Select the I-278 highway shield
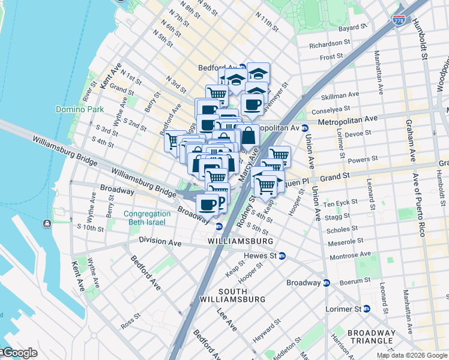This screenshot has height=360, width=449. [398, 20]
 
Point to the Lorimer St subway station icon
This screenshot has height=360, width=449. [366, 309]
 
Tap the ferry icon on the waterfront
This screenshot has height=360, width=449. [47, 224]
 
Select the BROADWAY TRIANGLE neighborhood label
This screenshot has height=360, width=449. [372, 337]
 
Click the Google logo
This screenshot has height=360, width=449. [19, 353]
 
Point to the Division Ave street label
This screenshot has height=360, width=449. [160, 242]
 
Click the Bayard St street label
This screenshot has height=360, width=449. [353, 28]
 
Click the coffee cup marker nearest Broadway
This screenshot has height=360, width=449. [208, 204]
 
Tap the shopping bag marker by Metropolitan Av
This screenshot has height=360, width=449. [248, 136]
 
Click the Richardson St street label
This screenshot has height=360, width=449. [330, 44]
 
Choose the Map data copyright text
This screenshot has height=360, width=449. [412, 355]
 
